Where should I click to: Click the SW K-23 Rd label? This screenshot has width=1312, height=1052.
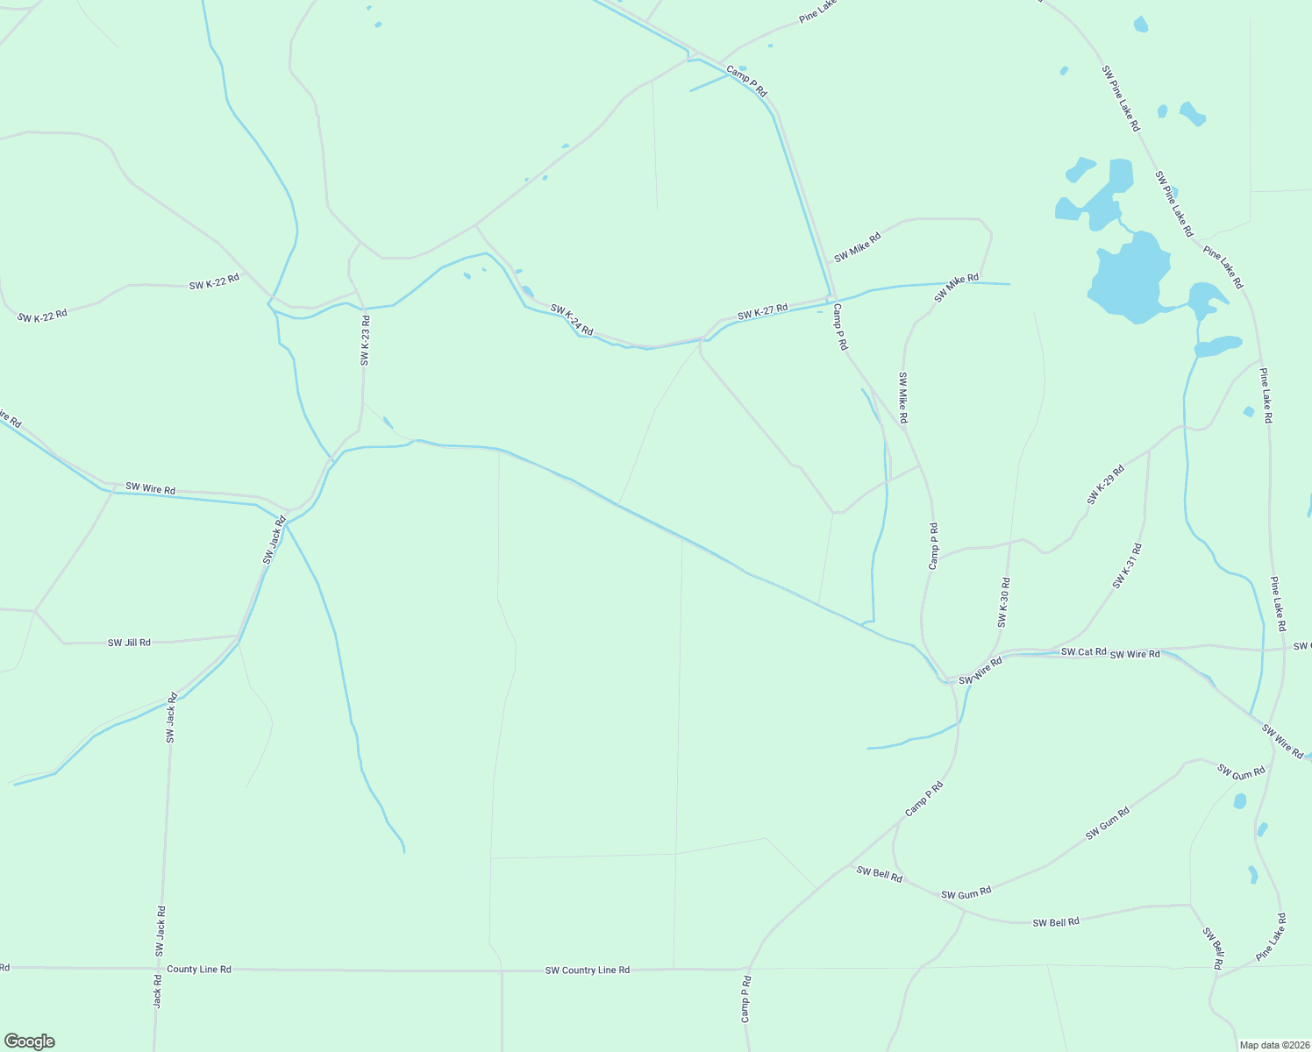point(365,340)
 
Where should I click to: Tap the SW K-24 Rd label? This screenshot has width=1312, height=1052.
point(572,320)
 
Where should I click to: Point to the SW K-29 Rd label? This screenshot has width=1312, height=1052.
point(1105,485)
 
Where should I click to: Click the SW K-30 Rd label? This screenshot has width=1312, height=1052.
point(1003,602)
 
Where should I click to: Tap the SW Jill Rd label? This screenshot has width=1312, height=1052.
point(129,643)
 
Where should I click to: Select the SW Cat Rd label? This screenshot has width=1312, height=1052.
point(1083,652)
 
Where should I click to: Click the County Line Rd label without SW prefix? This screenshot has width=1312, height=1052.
point(199,970)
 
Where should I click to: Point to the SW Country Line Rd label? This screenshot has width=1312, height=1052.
point(587,970)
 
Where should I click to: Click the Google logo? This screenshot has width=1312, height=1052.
point(30,1041)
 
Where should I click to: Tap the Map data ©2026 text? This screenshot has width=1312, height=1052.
point(1274,1045)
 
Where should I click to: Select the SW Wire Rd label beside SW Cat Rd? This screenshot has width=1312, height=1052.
point(1135,655)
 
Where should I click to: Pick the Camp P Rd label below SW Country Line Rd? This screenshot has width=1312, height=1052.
point(745,999)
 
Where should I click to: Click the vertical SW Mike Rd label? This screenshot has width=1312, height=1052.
point(902,398)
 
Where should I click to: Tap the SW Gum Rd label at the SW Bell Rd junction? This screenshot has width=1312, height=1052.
point(966,893)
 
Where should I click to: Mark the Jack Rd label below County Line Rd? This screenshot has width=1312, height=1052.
point(158,991)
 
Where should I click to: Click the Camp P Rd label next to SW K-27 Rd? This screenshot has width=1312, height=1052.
point(840,327)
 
